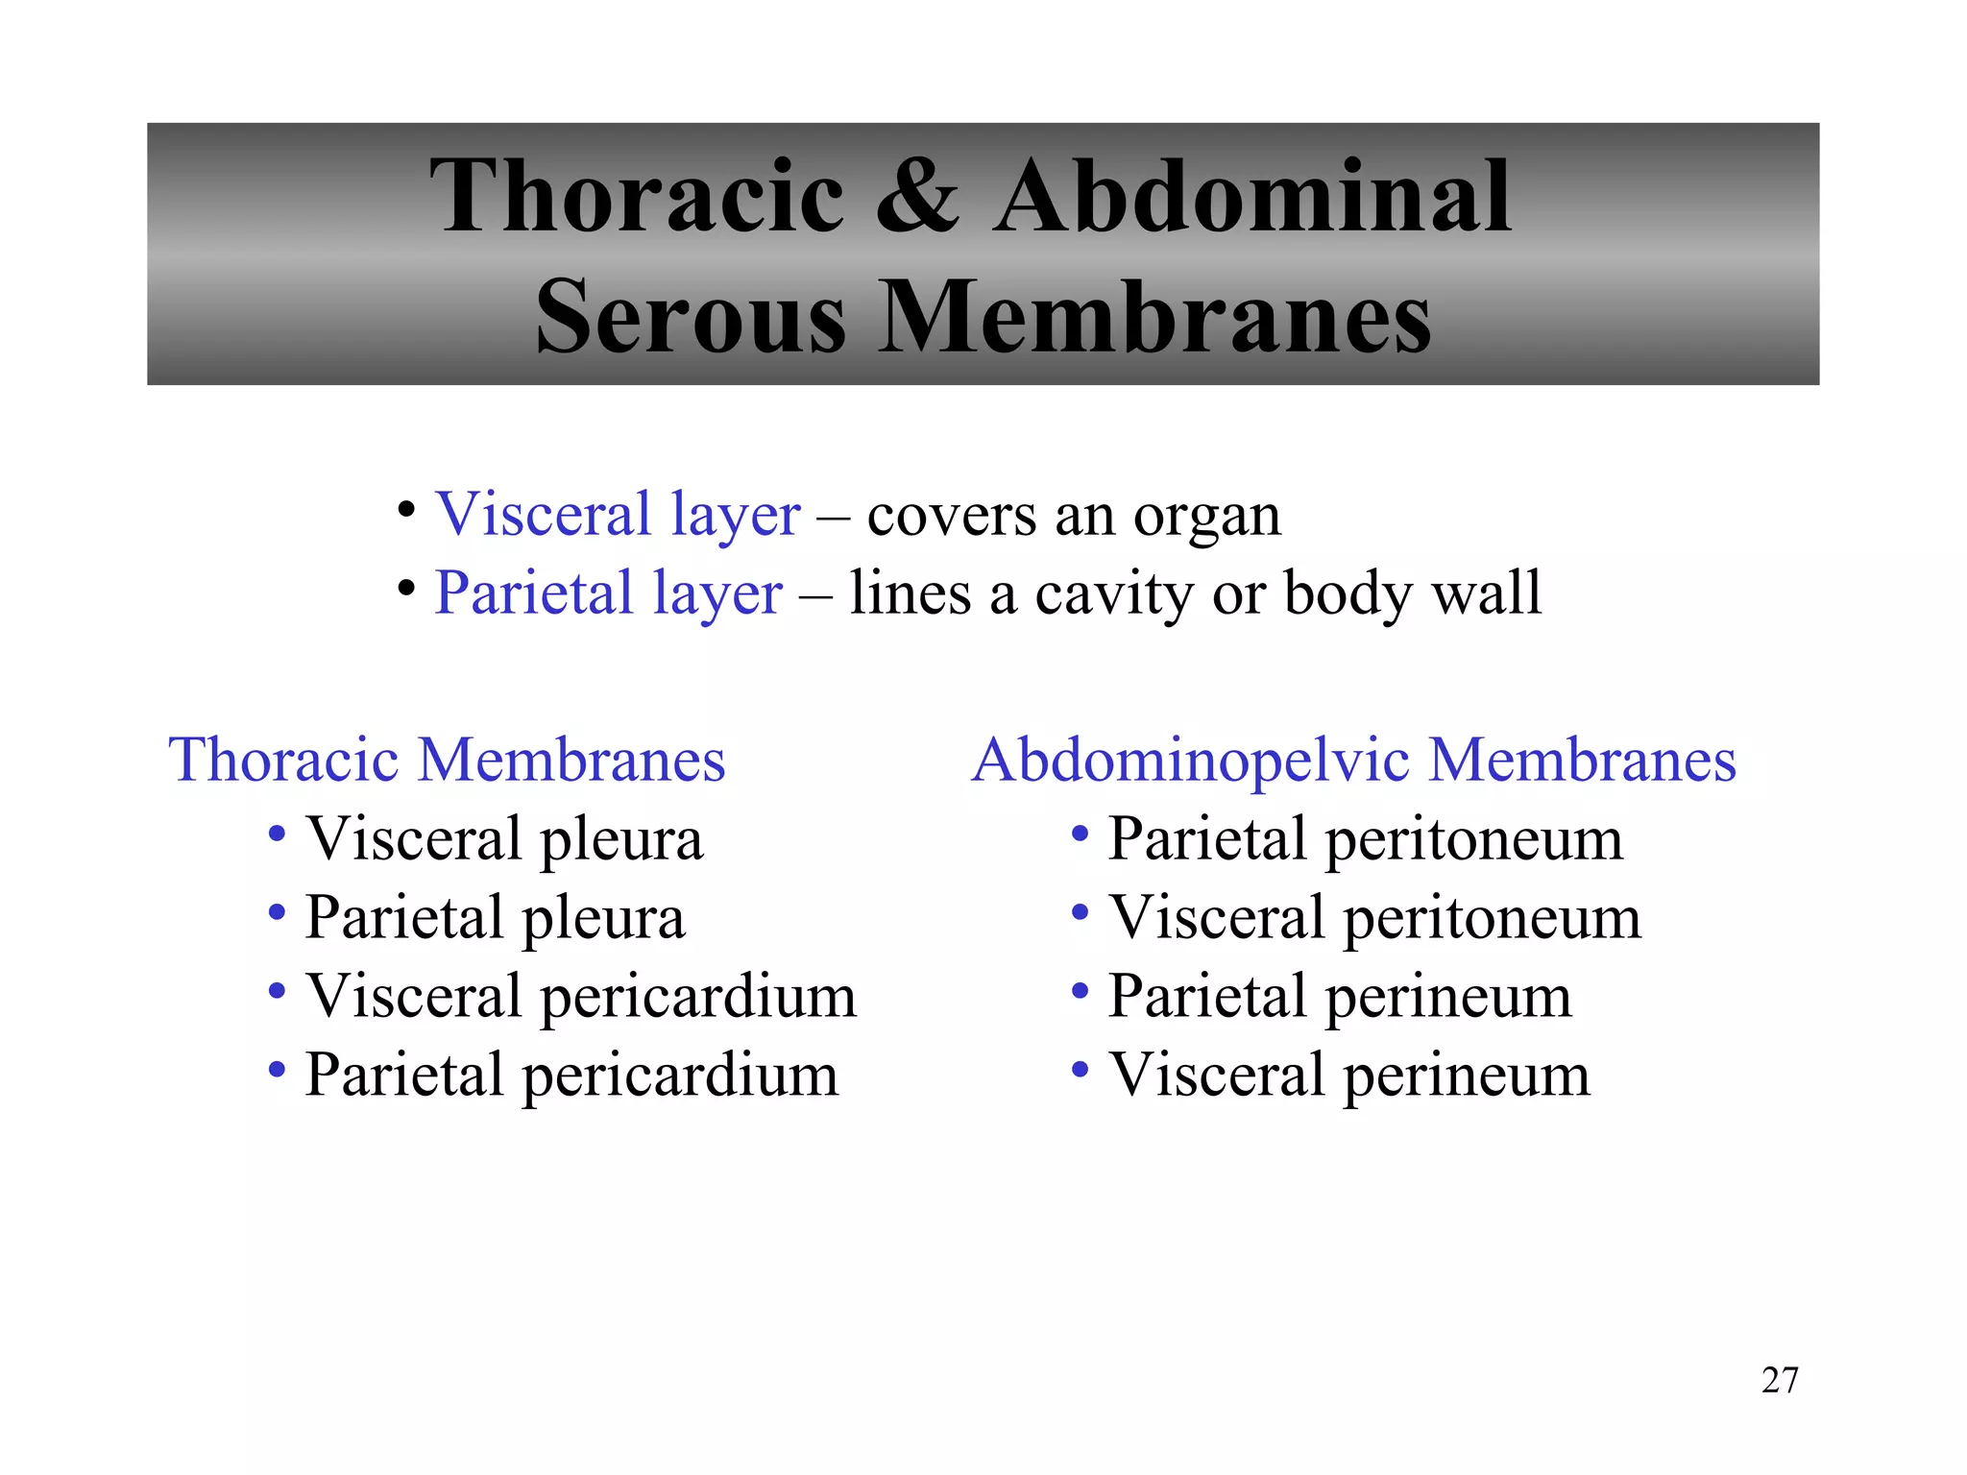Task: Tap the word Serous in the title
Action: [x=691, y=317]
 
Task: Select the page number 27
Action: [x=1780, y=1380]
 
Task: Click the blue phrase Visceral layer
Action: [x=618, y=515]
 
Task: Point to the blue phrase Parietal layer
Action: [x=608, y=592]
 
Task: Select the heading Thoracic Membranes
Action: [x=447, y=760]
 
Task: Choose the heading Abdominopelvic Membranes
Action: [x=1353, y=760]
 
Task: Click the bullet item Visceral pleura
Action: [x=504, y=839]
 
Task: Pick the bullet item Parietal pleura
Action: [x=495, y=918]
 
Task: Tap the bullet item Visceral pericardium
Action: [x=580, y=996]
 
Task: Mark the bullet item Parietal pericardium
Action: [x=571, y=1075]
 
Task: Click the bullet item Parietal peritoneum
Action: [x=1365, y=839]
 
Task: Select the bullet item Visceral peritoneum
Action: [x=1374, y=918]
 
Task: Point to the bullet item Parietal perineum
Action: [x=1340, y=996]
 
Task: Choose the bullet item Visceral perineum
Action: [x=1349, y=1075]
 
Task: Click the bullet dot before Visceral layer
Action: [x=406, y=508]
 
